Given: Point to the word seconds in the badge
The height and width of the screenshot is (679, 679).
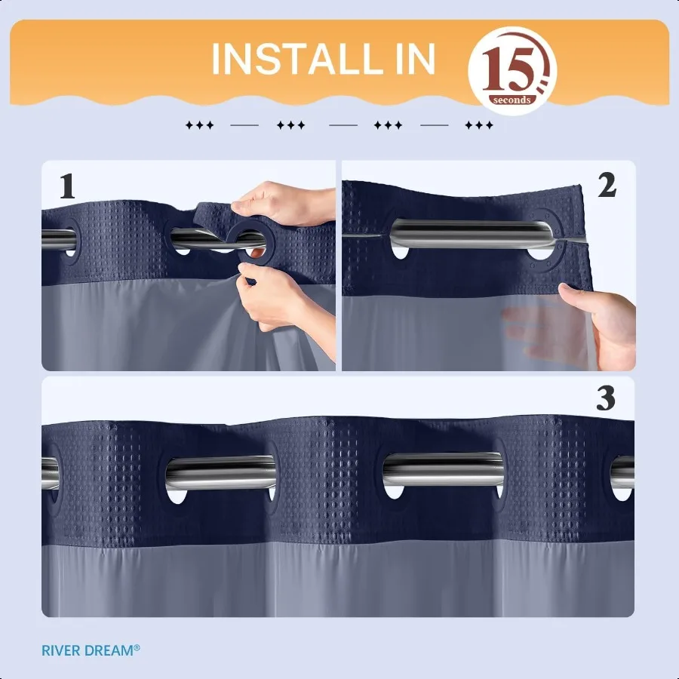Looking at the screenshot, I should tap(512, 100).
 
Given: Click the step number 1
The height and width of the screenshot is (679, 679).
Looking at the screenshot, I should tap(67, 187).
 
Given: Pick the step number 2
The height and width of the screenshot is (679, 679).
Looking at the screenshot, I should tap(607, 186).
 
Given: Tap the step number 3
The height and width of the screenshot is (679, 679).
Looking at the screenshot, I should tap(606, 399).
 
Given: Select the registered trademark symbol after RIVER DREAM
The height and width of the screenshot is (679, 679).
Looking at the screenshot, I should tap(137, 647).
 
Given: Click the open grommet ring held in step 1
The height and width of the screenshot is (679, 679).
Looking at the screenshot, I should tap(253, 243).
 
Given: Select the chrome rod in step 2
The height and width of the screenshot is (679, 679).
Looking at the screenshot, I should tap(468, 233).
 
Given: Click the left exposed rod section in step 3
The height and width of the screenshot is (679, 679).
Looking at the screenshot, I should tap(219, 473).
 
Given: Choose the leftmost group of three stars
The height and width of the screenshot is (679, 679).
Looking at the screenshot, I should tap(199, 125).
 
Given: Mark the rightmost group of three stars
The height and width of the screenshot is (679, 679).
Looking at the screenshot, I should tap(479, 125).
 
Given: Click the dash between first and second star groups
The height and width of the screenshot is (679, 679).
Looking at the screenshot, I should tap(244, 125).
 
